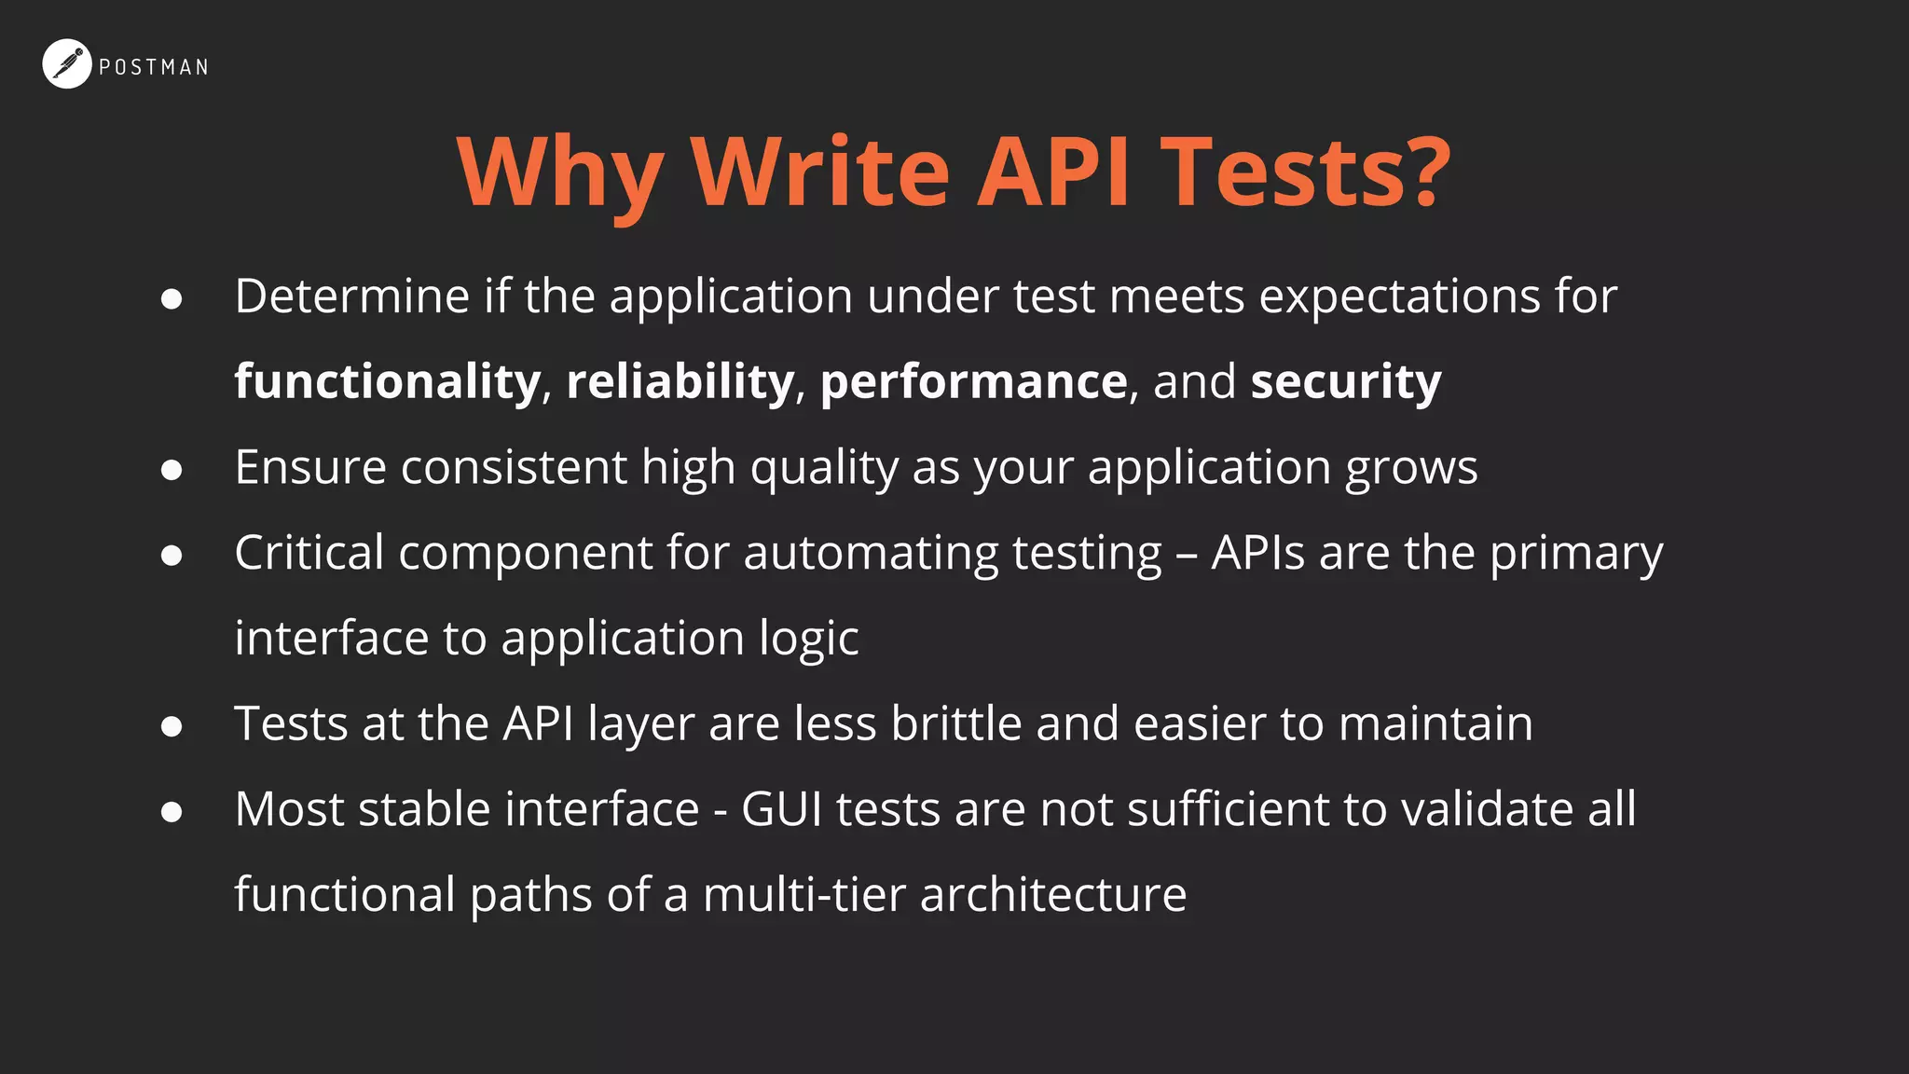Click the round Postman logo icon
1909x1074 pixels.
[67, 64]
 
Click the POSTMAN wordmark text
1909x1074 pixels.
[154, 67]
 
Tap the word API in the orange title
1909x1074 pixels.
[1053, 172]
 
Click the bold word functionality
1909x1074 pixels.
[387, 381]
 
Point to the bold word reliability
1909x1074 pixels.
[680, 381]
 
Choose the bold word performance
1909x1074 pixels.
[974, 381]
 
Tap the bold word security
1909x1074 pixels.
[1346, 381]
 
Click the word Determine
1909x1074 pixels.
[352, 296]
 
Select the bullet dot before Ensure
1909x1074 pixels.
[172, 470]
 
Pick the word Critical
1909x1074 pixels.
[309, 553]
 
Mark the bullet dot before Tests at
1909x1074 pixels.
[172, 726]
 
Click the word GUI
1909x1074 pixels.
[781, 809]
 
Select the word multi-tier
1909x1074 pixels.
[804, 895]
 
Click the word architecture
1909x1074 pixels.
[1053, 895]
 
